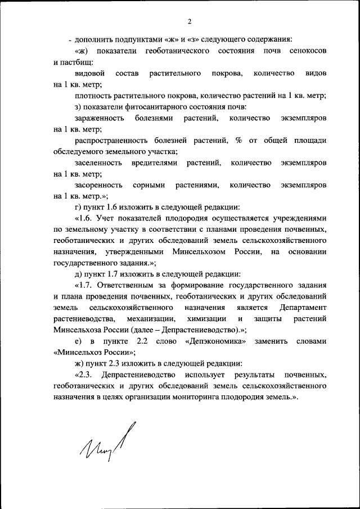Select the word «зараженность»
[98, 118]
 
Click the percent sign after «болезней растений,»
[239, 141]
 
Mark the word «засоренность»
[98, 185]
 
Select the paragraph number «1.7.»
[83, 285]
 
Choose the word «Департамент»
[303, 308]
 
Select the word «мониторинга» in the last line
[210, 397]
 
